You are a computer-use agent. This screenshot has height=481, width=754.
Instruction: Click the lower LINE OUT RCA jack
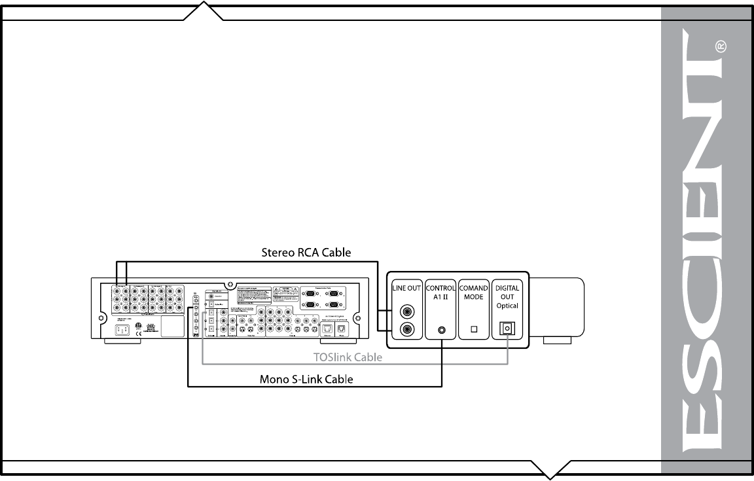(406, 330)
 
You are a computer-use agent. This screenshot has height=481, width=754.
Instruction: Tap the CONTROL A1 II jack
(442, 330)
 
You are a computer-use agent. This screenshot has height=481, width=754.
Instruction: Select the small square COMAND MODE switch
(474, 330)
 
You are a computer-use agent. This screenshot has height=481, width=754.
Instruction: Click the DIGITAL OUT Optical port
(507, 329)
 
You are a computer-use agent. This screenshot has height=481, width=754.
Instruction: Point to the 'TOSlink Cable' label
(348, 358)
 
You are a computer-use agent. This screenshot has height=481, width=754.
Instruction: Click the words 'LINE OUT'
(406, 289)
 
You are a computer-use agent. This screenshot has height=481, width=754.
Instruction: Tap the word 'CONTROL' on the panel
(441, 287)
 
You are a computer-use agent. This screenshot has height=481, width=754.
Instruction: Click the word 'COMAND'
(474, 287)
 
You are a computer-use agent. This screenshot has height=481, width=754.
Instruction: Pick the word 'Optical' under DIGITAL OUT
(507, 306)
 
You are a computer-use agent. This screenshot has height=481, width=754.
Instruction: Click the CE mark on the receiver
(137, 333)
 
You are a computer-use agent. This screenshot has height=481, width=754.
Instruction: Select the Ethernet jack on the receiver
(325, 329)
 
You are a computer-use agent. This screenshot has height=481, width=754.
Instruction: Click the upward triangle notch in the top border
(204, 9)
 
